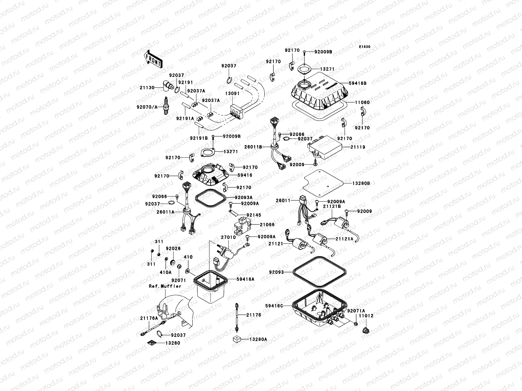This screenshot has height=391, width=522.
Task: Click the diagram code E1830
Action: [x=365, y=47]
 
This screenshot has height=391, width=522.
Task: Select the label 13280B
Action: [x=361, y=183]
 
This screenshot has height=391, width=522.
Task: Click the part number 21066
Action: [x=267, y=224]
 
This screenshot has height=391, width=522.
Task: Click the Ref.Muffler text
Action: [x=165, y=286]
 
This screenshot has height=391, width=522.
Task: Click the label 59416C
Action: [x=274, y=306]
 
